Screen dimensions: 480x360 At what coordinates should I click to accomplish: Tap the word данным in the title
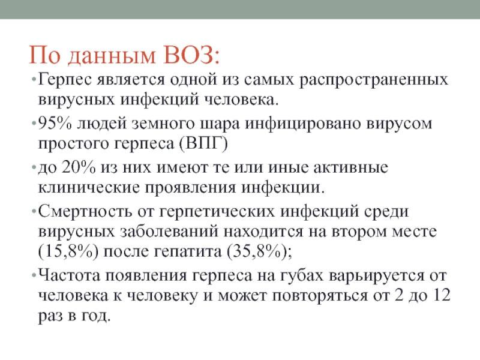[x=112, y=56]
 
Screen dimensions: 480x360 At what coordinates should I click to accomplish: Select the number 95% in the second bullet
[x=55, y=123]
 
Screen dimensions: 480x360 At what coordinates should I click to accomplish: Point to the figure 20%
[x=79, y=167]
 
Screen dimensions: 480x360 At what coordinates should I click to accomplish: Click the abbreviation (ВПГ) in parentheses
[x=203, y=143]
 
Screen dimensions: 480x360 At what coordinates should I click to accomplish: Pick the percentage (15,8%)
[x=68, y=251]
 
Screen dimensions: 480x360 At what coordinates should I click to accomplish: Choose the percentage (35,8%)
[x=257, y=251]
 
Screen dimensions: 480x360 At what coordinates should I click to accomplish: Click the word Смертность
[x=85, y=212]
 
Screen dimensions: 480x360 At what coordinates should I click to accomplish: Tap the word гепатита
[x=188, y=251]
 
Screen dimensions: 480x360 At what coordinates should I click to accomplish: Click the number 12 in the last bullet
[x=441, y=295]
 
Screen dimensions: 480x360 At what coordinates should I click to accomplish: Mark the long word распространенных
[x=373, y=80]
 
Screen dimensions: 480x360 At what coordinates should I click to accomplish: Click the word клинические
[x=89, y=187]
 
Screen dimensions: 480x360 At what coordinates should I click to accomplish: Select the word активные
[x=350, y=167]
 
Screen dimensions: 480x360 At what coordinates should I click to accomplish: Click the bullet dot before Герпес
[x=34, y=80]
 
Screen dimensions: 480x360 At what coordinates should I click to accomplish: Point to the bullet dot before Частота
[x=34, y=275]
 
